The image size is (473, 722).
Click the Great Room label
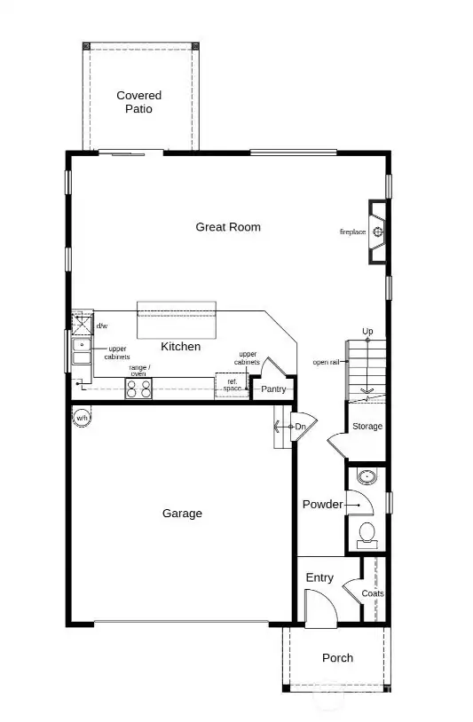click(228, 227)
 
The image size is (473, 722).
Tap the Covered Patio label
click(139, 102)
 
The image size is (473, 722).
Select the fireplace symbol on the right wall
click(378, 233)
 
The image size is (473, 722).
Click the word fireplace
click(352, 232)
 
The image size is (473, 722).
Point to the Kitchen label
click(180, 347)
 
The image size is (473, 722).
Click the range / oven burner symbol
click(139, 388)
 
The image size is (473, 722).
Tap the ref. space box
click(232, 386)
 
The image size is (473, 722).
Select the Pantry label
click(273, 389)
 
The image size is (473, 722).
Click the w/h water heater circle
click(83, 417)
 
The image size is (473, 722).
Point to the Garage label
click(182, 514)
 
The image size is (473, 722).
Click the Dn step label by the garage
click(300, 427)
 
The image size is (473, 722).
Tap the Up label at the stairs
click(367, 332)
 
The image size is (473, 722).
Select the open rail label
click(325, 362)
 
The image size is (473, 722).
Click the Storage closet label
click(367, 427)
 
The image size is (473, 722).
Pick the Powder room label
click(322, 505)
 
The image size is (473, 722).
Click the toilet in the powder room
click(366, 534)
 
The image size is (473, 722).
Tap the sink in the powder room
click(366, 478)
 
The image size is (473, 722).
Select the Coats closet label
click(373, 593)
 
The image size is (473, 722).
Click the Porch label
click(337, 658)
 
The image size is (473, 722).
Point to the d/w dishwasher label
click(101, 326)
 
